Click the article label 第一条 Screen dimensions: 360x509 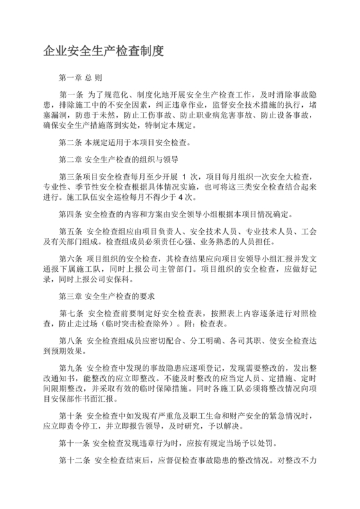70,94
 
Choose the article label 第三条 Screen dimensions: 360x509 70,176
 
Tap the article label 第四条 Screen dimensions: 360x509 70,213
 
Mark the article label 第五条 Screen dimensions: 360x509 70,232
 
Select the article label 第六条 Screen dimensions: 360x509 70,258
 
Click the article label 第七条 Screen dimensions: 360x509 70,313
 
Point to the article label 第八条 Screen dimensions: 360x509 70,340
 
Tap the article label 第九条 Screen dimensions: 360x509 70,367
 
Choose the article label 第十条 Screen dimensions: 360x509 70,415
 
